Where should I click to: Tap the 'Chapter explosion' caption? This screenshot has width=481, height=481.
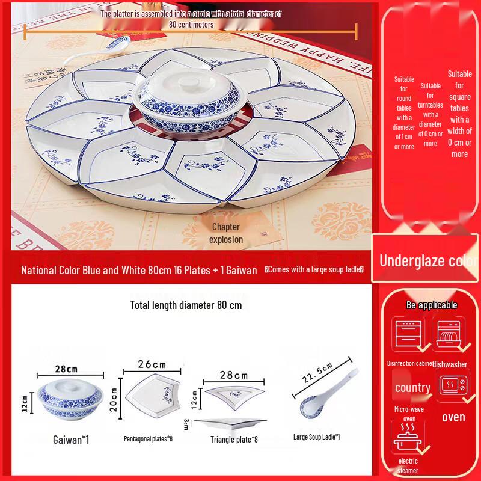(226, 233)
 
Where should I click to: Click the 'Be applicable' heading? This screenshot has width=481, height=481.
(432, 305)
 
